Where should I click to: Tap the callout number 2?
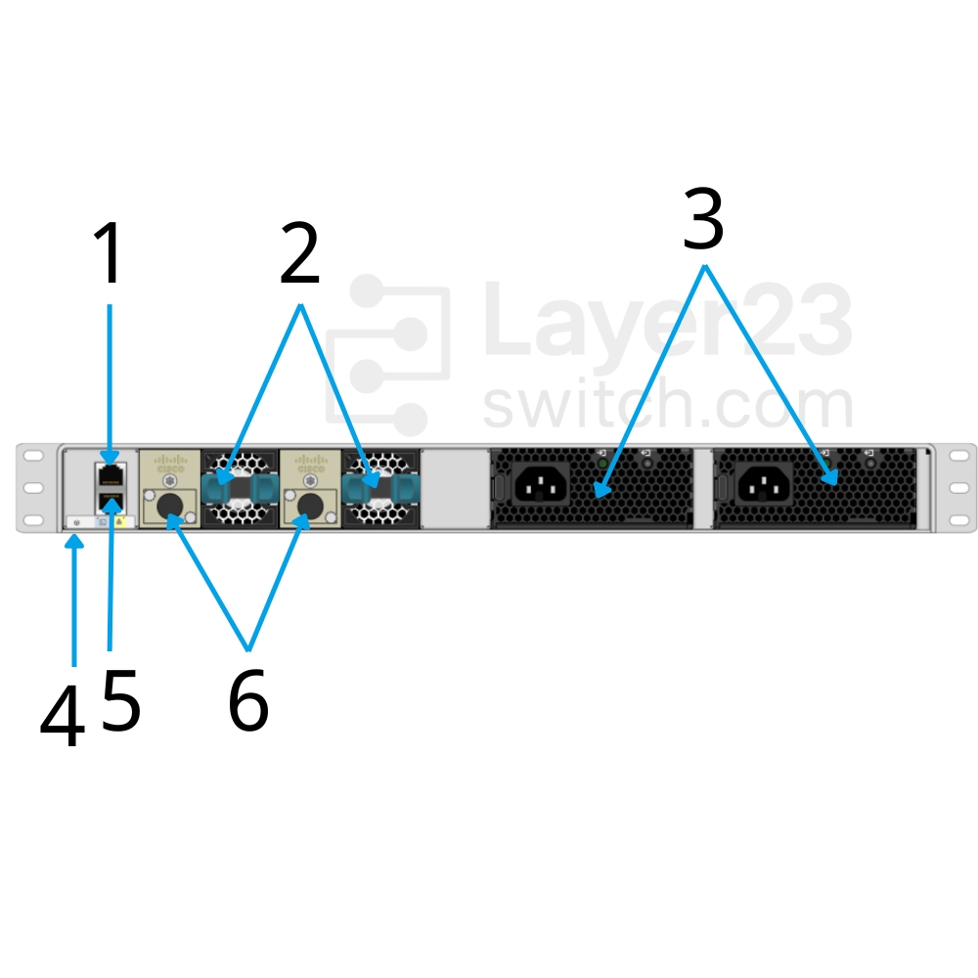[x=299, y=254]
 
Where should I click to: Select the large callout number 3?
[x=703, y=221]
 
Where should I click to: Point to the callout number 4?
[x=62, y=717]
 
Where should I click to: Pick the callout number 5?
[x=121, y=699]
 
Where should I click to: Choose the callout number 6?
[x=248, y=701]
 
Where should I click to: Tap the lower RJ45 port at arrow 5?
[x=110, y=503]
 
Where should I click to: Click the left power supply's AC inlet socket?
[x=536, y=481]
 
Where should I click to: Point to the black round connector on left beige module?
[x=171, y=506]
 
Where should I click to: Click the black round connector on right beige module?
[x=311, y=506]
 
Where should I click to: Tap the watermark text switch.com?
[x=668, y=404]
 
